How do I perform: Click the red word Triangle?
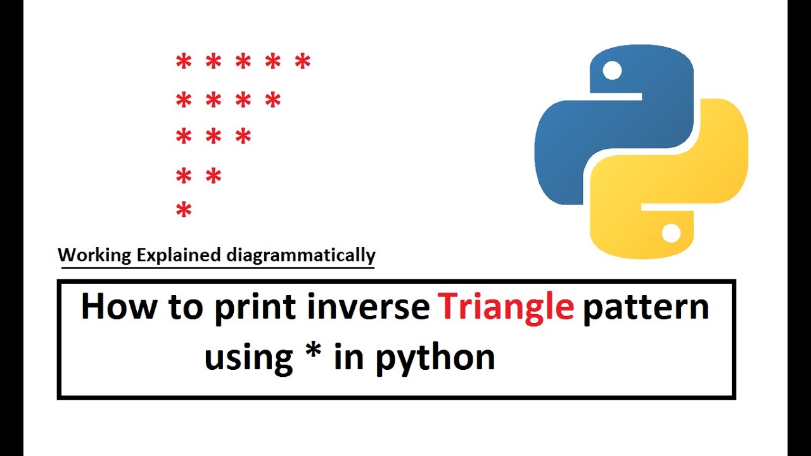[x=506, y=307]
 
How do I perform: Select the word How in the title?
[x=118, y=307]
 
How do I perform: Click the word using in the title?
[x=248, y=358]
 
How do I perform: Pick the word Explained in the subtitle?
[x=179, y=256]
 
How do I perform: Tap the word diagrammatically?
[x=301, y=256]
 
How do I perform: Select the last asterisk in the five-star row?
[x=303, y=62]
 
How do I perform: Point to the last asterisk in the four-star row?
[x=273, y=99]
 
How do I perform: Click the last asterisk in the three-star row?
[x=243, y=136]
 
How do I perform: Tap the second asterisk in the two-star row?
[x=214, y=176]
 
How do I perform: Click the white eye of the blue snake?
[x=612, y=70]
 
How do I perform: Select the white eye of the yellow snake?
[x=671, y=234]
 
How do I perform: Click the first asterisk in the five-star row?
[x=183, y=62]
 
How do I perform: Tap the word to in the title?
[x=185, y=307]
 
